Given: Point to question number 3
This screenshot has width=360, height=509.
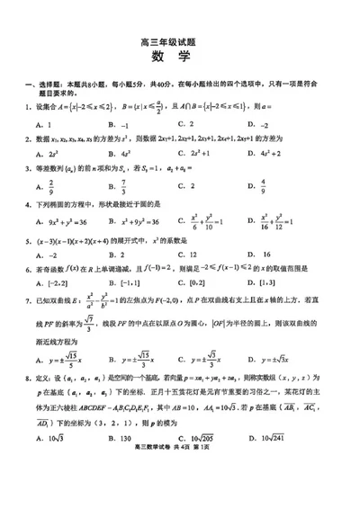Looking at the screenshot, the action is click(x=27, y=169).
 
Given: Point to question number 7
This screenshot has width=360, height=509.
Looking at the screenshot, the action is click(x=27, y=300).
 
